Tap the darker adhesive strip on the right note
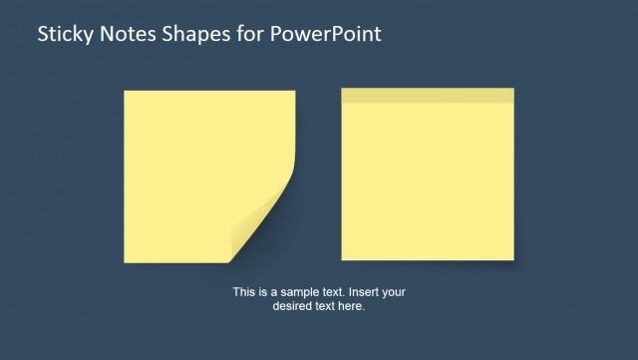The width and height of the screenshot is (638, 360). pos(428,95)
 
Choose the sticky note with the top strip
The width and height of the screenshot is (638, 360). pos(428,180)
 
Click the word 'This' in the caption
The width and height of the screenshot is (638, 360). pos(244,292)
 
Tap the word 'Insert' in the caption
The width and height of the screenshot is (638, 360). pos(363,292)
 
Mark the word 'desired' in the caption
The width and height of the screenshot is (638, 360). pos(292,306)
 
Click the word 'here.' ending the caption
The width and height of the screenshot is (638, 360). pos(353,306)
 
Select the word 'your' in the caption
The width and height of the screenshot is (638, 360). pos(394,292)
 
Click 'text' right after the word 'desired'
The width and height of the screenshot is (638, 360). pos(325,306)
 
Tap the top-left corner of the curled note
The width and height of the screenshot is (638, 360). pos(126,92)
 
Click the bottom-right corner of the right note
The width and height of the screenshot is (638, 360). pos(512,258)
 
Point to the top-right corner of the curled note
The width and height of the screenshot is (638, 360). pos(294,92)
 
